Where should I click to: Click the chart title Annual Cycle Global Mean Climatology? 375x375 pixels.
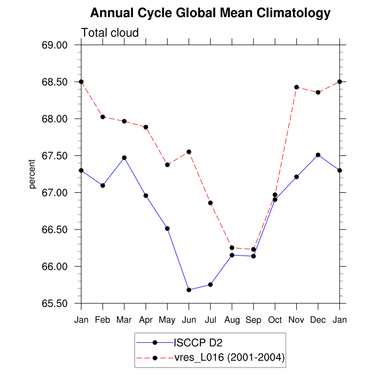pyautogui.click(x=211, y=13)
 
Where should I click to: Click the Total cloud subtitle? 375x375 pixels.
pyautogui.click(x=110, y=33)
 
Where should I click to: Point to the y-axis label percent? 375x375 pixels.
pyautogui.click(x=32, y=174)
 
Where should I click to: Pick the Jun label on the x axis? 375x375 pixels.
pyautogui.click(x=189, y=320)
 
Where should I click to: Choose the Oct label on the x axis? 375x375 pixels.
pyautogui.click(x=275, y=320)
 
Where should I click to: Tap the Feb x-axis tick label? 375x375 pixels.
pyautogui.click(x=102, y=320)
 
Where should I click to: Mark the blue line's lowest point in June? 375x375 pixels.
pyautogui.click(x=189, y=290)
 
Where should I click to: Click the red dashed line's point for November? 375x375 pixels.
pyautogui.click(x=296, y=87)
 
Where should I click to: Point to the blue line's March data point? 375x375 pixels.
pyautogui.click(x=124, y=158)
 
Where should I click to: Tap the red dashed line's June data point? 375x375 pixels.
pyautogui.click(x=189, y=152)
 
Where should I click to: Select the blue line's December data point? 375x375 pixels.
pyautogui.click(x=318, y=155)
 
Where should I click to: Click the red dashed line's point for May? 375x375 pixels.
pyautogui.click(x=167, y=164)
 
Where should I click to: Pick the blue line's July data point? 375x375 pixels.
pyautogui.click(x=211, y=284)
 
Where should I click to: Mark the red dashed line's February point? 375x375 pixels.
pyautogui.click(x=102, y=117)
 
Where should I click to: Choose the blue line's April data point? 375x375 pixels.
pyautogui.click(x=146, y=196)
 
